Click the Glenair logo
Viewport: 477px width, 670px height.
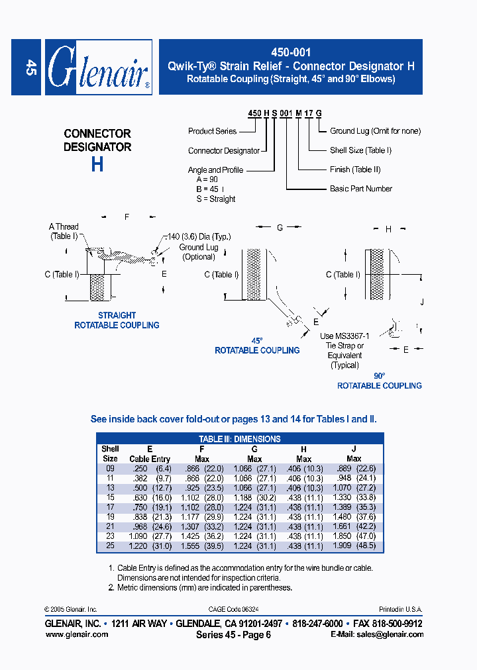pyautogui.click(x=98, y=67)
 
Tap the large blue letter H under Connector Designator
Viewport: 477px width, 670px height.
pyautogui.click(x=97, y=164)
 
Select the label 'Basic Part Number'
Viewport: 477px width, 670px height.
pyautogui.click(x=361, y=189)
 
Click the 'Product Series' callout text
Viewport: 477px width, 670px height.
pyautogui.click(x=212, y=131)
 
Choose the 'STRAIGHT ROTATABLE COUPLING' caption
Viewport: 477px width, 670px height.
pyautogui.click(x=117, y=320)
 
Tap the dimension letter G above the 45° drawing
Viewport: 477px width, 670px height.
pyautogui.click(x=280, y=228)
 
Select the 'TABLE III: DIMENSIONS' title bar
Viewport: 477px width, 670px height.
pyautogui.click(x=240, y=439)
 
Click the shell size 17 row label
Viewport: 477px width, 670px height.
pyautogui.click(x=110, y=506)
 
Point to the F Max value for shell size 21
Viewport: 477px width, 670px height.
pyautogui.click(x=202, y=526)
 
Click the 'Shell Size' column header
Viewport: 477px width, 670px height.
pyautogui.click(x=110, y=454)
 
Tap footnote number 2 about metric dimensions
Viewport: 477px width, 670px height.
pyautogui.click(x=111, y=587)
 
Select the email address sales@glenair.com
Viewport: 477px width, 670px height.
pyautogui.click(x=377, y=634)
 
